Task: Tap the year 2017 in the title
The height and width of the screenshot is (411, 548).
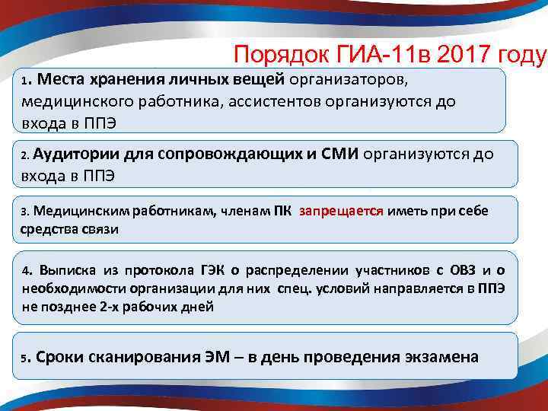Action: tap(456, 54)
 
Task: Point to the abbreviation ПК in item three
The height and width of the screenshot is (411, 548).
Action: tap(282, 211)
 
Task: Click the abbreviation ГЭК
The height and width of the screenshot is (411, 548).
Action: tap(196, 271)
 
